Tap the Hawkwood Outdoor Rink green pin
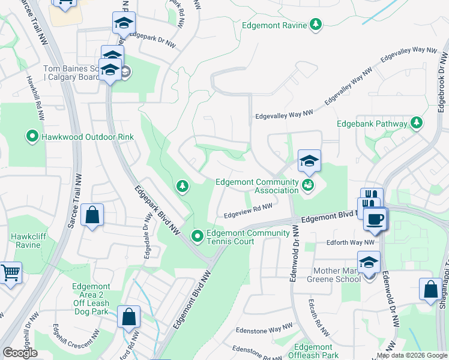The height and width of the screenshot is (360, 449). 32,137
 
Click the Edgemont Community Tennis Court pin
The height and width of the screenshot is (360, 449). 197,236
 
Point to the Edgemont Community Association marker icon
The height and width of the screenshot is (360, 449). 308,184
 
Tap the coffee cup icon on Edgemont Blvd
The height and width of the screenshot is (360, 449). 376,219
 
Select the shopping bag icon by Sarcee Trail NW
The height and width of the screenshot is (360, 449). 92,215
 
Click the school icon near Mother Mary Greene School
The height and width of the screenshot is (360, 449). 369,262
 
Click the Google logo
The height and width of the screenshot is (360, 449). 20,353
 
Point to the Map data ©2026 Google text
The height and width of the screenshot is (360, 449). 412,355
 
